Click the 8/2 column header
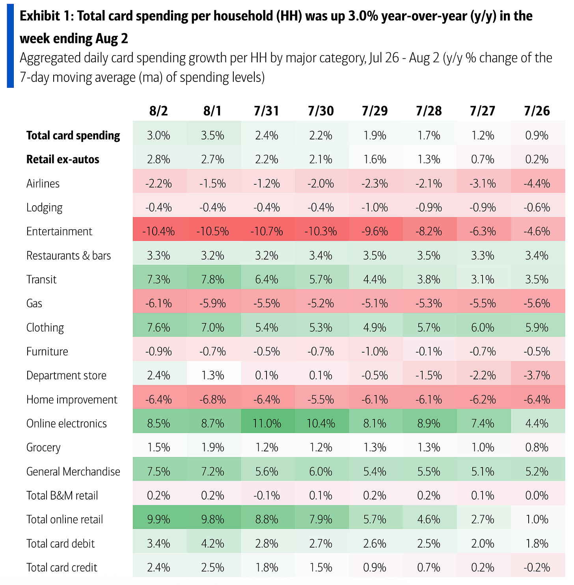click(158, 111)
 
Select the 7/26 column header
click(537, 111)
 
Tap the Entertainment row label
click(59, 231)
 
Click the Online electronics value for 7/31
click(267, 423)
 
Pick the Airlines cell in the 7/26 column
click(537, 184)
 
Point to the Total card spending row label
click(73, 136)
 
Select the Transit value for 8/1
click(213, 279)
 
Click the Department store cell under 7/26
click(537, 375)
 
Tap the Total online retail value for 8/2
click(158, 520)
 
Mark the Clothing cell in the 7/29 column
click(375, 327)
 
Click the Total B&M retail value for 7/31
click(267, 496)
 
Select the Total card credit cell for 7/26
click(537, 568)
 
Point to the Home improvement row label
click(72, 399)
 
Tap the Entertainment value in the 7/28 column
click(429, 231)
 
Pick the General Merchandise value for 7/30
click(321, 472)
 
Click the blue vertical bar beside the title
click(10, 45)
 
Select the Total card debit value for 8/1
click(213, 544)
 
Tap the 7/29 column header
click(375, 111)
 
